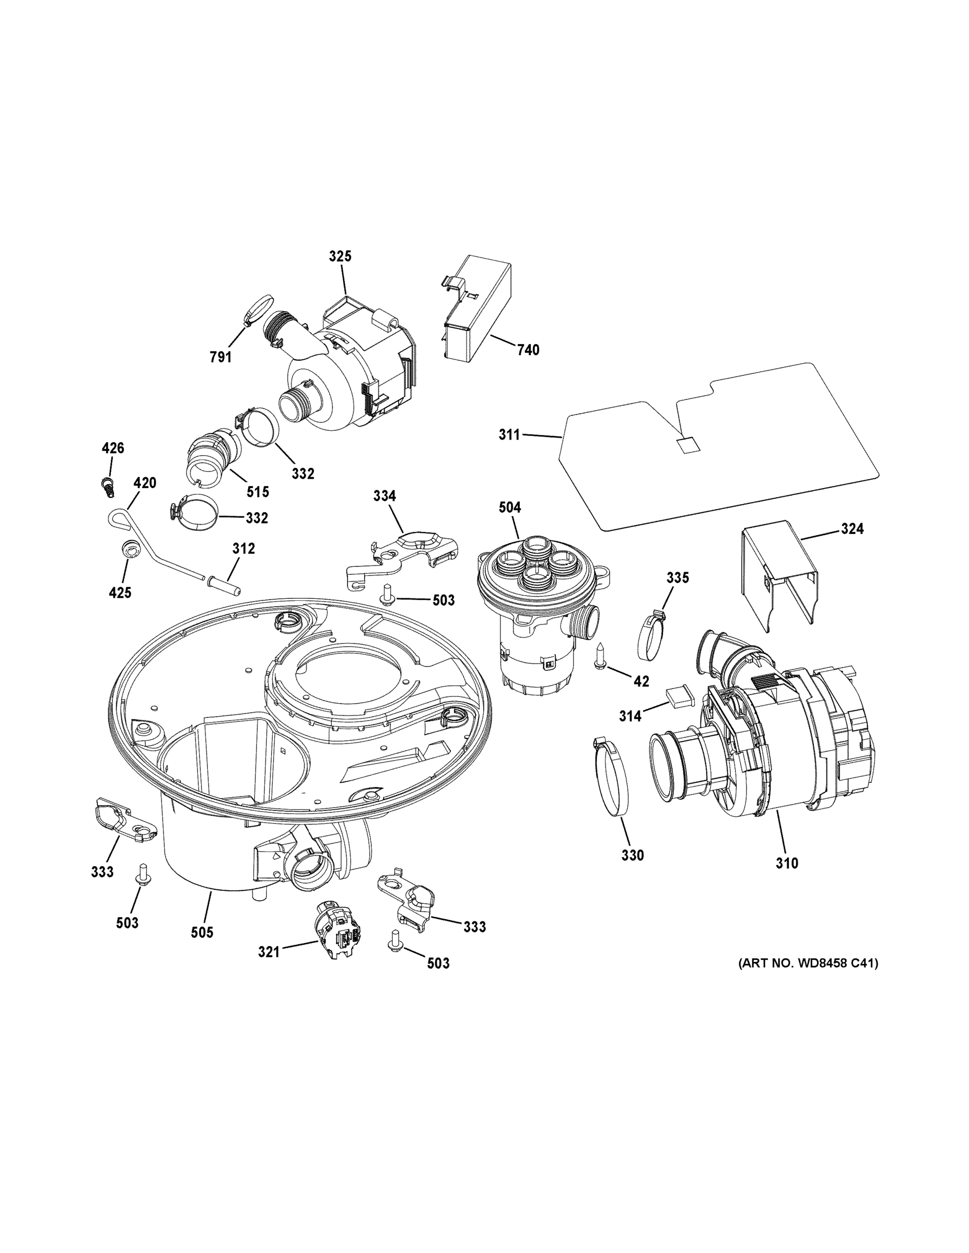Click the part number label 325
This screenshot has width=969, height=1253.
coord(340,256)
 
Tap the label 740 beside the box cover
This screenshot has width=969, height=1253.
coord(528,349)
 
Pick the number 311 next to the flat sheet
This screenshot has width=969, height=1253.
coord(509,435)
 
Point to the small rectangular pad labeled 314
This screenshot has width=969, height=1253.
coord(680,696)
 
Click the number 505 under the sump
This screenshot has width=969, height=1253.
coord(202,932)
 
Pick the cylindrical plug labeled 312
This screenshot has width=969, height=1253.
coord(225,585)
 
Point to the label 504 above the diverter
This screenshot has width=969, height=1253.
coord(510,507)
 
